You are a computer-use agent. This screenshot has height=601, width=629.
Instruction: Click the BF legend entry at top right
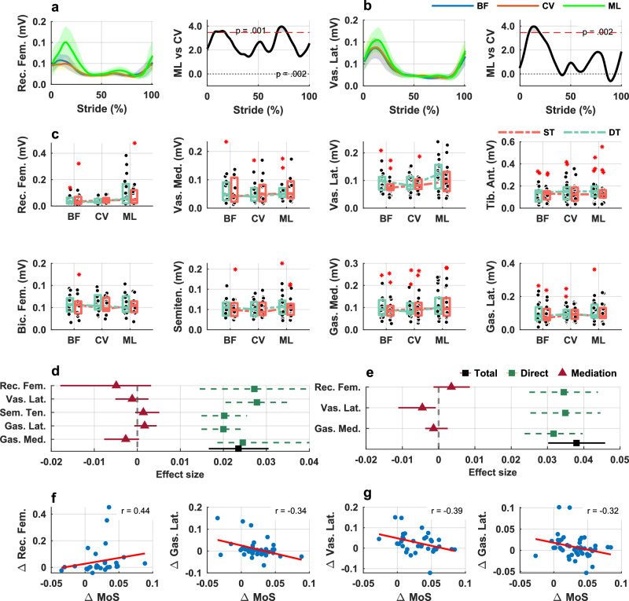click(x=460, y=6)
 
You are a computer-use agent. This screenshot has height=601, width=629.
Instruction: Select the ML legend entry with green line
click(x=592, y=6)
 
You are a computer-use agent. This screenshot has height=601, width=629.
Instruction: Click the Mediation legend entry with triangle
click(x=587, y=373)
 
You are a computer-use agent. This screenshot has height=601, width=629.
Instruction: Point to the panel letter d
click(x=55, y=371)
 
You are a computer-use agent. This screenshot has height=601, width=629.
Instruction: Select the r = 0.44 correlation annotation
click(x=135, y=511)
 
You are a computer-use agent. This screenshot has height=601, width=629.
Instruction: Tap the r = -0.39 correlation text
click(x=447, y=511)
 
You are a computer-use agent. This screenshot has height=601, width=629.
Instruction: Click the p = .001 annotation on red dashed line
click(x=250, y=31)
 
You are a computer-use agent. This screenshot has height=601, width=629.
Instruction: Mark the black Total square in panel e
click(x=576, y=443)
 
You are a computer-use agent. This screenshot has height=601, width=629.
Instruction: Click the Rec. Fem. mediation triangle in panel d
click(x=116, y=385)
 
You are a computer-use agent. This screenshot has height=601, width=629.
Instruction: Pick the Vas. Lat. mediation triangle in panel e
click(x=422, y=407)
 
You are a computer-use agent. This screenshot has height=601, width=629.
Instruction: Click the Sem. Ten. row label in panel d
click(x=23, y=412)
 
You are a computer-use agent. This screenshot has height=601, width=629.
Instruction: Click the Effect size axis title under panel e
click(x=493, y=472)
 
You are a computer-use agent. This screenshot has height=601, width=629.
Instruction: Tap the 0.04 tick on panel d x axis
click(x=309, y=462)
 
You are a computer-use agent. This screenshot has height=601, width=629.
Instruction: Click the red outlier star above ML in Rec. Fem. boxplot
click(x=134, y=143)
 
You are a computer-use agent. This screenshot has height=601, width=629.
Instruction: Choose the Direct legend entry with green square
click(x=528, y=373)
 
